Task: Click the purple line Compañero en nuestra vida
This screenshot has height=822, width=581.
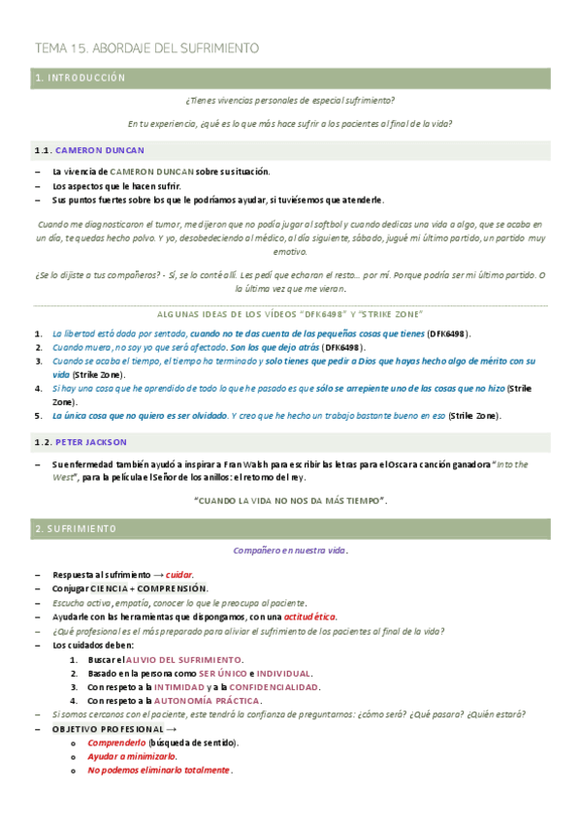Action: click(290, 550)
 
